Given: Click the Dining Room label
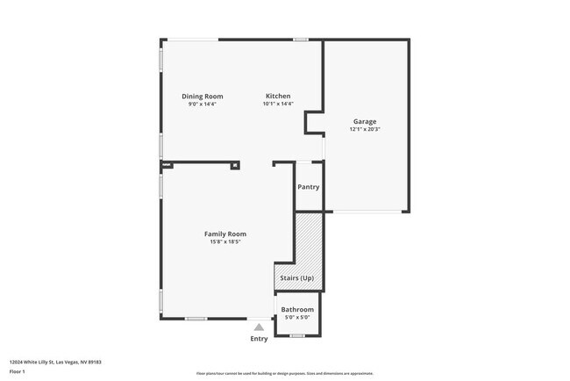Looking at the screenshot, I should click(x=202, y=96).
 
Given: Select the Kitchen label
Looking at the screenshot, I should click(x=278, y=96).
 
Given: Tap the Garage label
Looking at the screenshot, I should click(x=365, y=121).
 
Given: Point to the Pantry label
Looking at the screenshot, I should click(x=308, y=186).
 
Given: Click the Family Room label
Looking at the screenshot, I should click(x=224, y=234).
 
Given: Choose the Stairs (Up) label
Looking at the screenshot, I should click(x=296, y=278).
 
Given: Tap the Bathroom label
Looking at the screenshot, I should click(x=297, y=309).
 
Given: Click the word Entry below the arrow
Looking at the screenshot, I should click(x=259, y=339).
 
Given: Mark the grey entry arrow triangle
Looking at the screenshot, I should click(x=259, y=327).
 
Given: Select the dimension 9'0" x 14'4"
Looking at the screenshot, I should click(x=202, y=104).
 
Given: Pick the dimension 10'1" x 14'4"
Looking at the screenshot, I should click(x=278, y=104).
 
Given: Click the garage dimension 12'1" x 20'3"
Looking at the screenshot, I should click(x=365, y=129).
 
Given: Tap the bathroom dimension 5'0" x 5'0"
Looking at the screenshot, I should click(x=297, y=317).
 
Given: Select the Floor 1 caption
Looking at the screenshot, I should click(x=18, y=371).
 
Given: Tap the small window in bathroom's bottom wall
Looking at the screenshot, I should click(x=296, y=336).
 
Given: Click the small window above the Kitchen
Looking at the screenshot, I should click(x=301, y=39).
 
